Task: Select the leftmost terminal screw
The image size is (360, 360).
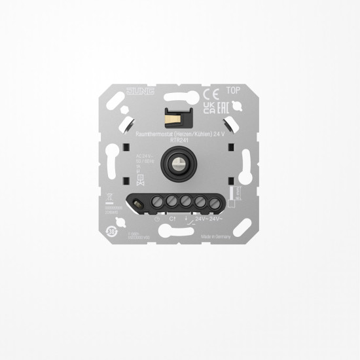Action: [x=157, y=200]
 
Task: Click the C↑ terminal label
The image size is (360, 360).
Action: [x=172, y=220]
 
